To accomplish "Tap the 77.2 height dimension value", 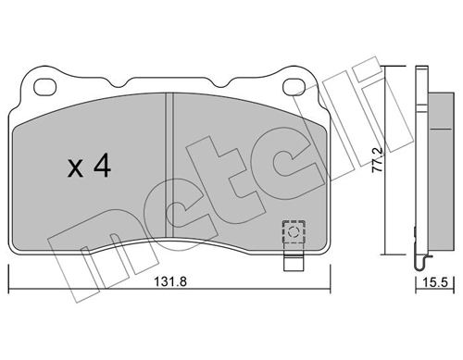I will pyautogui.click(x=401, y=166).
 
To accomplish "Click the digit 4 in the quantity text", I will pyautogui.click(x=103, y=167).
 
